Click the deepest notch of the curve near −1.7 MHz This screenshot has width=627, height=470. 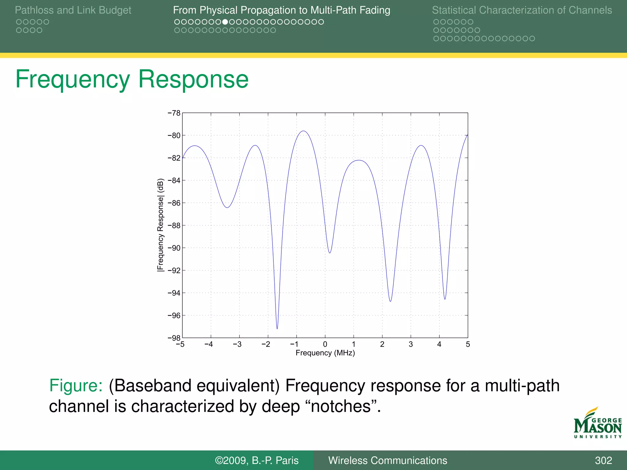(x=277, y=328)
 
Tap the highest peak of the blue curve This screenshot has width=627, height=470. (x=303, y=131)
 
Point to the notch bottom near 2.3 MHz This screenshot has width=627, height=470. (x=390, y=301)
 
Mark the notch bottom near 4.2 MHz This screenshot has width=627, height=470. (x=445, y=299)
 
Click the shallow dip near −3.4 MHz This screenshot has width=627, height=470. (x=227, y=207)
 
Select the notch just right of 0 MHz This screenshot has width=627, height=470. (x=330, y=253)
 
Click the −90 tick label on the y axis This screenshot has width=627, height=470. (x=174, y=248)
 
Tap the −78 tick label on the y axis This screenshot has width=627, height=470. (x=174, y=113)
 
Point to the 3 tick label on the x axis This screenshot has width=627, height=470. (x=411, y=345)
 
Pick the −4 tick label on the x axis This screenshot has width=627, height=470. (x=208, y=345)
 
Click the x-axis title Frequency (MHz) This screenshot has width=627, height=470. (x=325, y=353)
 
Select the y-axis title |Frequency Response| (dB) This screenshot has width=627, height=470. (x=160, y=225)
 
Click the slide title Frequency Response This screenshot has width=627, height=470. (x=132, y=79)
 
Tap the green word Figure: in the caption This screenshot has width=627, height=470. (x=76, y=386)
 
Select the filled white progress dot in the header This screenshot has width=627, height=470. (x=225, y=22)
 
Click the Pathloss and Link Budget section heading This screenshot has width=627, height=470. (x=73, y=10)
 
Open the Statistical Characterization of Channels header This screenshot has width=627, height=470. (x=522, y=10)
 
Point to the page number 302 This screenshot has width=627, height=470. (x=603, y=461)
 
